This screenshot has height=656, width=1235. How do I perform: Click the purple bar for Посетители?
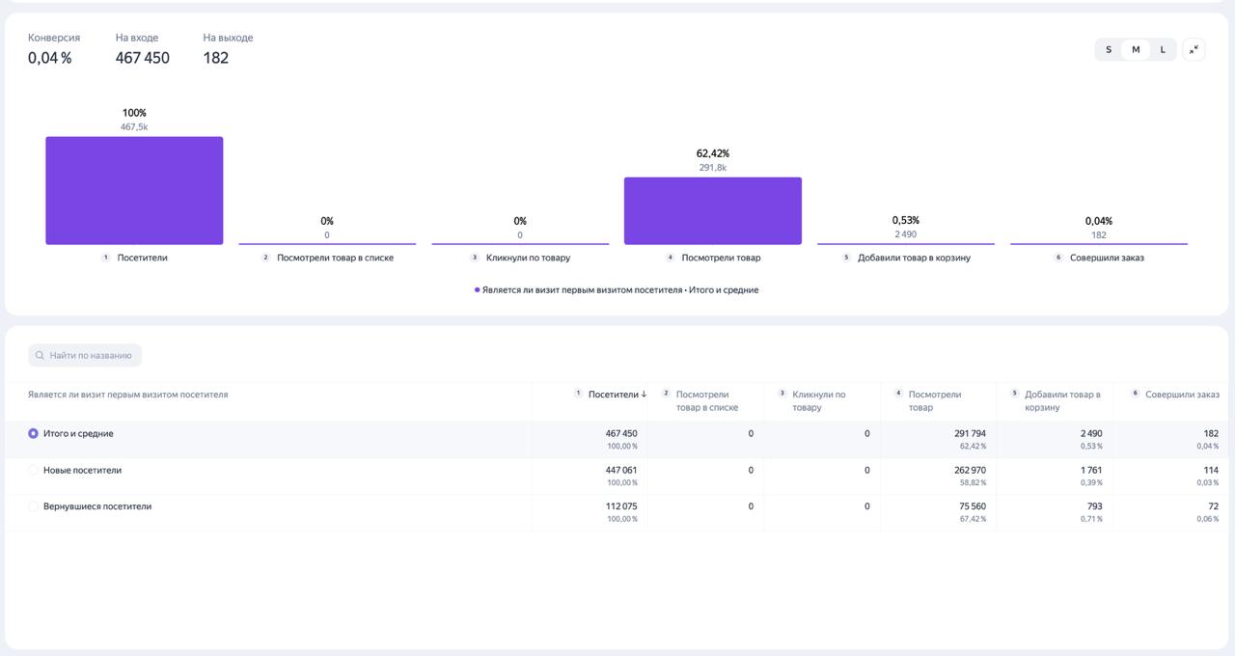(x=134, y=190)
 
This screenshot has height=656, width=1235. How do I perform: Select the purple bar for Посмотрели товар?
(x=712, y=210)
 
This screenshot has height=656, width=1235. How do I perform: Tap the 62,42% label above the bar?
(x=712, y=153)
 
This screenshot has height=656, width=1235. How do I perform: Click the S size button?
(x=1109, y=49)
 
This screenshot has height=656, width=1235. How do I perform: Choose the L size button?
(x=1163, y=49)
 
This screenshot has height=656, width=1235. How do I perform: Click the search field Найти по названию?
(x=85, y=355)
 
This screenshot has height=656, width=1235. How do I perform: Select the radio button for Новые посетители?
(x=33, y=470)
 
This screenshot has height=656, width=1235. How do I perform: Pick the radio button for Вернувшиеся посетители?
(x=33, y=506)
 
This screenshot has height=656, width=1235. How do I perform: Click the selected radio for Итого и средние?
(x=33, y=433)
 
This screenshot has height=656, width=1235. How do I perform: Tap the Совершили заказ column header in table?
(x=1182, y=395)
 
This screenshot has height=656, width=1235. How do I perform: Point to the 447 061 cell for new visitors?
(x=620, y=470)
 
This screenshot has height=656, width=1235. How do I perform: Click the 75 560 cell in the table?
(x=972, y=506)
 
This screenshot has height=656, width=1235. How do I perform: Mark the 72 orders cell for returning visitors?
(x=1213, y=506)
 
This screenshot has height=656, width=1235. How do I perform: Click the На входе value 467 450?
(x=142, y=57)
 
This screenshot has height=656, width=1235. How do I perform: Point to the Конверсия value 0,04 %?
(x=49, y=57)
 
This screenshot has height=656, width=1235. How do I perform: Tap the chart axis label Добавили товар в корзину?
(x=914, y=258)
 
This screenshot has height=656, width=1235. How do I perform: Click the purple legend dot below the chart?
(x=477, y=290)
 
